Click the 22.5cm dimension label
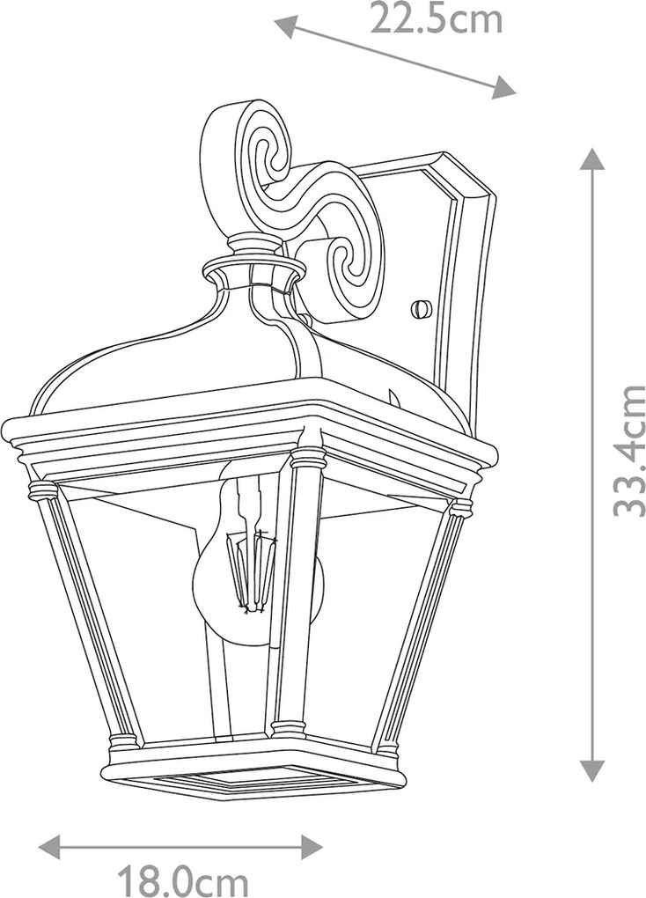436,18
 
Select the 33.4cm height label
628,452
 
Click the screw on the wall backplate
420,308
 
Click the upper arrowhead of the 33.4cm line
592,158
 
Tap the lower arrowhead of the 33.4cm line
592,770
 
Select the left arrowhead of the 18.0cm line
50,846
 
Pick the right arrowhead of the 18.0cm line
312,846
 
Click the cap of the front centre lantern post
307,457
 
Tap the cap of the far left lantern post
42,490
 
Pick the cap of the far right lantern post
461,506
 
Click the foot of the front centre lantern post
288,728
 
